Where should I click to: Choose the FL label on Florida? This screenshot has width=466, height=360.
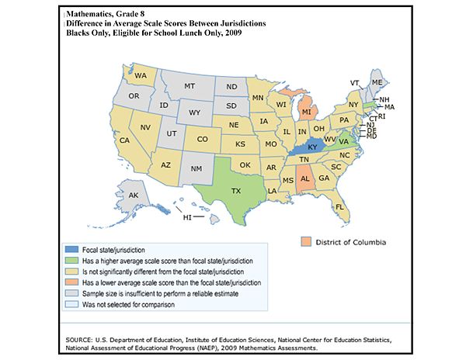pyautogui.click(x=339, y=208)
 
